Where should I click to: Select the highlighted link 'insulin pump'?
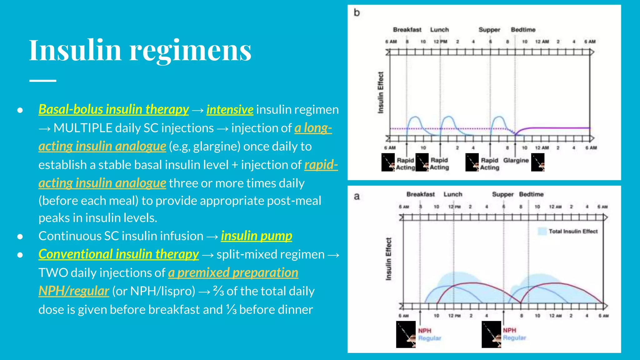(x=256, y=236)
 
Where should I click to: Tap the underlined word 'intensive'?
(x=230, y=110)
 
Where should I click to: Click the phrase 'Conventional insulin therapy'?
(x=118, y=254)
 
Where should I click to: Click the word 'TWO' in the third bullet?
(x=53, y=273)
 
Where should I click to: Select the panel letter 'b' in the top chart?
(x=357, y=13)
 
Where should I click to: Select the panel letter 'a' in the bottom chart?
(x=357, y=197)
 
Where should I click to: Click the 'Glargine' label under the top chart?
(x=516, y=160)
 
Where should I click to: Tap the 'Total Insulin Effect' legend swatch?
(x=542, y=231)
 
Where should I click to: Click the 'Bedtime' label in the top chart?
(x=523, y=30)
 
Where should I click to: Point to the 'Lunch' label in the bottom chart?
(x=452, y=194)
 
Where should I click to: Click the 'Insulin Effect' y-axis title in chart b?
(x=380, y=92)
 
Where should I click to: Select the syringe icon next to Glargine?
(x=537, y=162)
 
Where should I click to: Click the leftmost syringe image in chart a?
(x=406, y=334)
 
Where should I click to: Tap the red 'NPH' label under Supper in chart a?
(x=509, y=330)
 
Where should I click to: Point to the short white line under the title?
(x=43, y=81)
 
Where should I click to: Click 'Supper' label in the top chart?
(x=489, y=30)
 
